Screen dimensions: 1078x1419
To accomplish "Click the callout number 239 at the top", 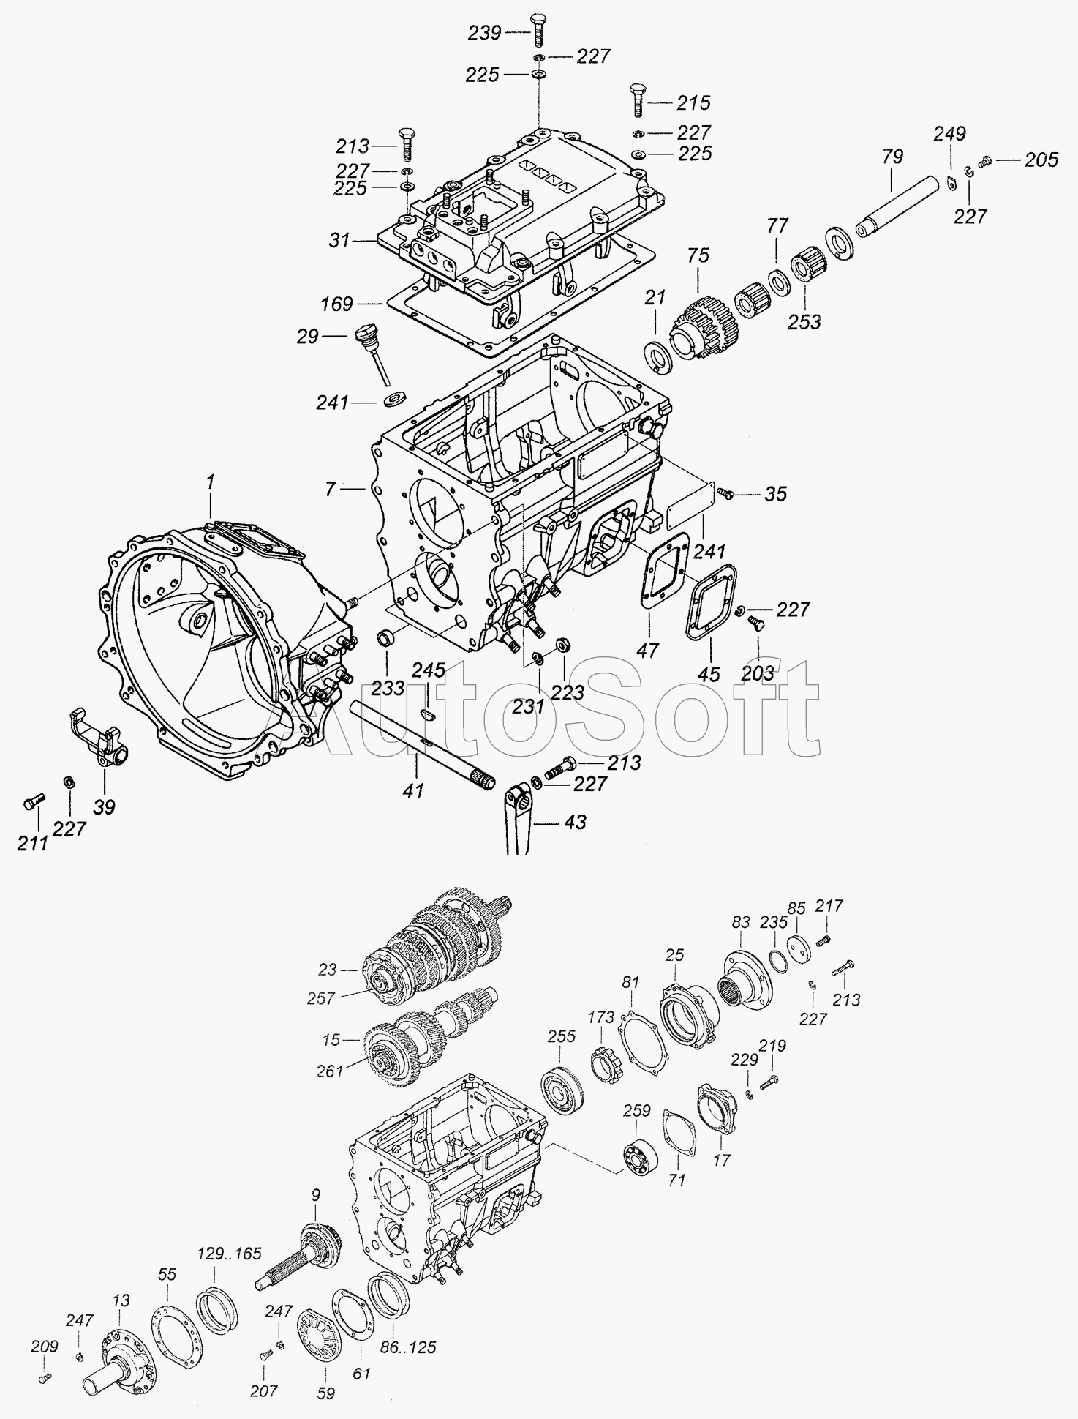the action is tap(484, 32).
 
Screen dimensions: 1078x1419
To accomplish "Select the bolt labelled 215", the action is tap(636, 100).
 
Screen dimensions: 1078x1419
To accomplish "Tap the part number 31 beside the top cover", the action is tap(340, 240).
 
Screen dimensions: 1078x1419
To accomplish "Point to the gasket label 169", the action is tap(336, 303).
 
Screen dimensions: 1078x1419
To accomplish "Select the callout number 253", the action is tap(804, 321).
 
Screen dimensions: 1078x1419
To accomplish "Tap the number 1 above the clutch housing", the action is tap(211, 482).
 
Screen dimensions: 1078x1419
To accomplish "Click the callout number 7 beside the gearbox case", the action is tap(331, 488).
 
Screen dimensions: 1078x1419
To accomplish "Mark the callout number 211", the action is tap(32, 843).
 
